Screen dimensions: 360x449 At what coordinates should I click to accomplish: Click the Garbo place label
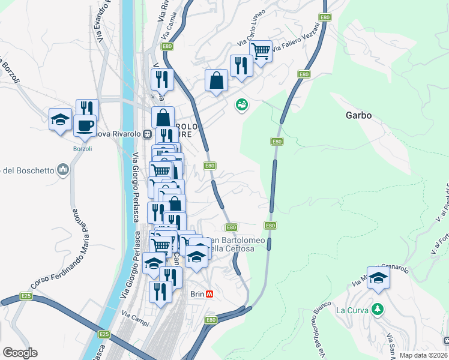click(359, 115)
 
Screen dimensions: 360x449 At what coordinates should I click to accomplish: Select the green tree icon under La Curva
click(377, 310)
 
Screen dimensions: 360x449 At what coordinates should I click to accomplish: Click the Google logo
click(20, 353)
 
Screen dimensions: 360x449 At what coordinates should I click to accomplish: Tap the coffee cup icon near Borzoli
click(85, 125)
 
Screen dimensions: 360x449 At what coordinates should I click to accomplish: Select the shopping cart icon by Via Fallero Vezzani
click(261, 50)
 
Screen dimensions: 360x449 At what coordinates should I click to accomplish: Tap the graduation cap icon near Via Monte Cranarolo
click(378, 278)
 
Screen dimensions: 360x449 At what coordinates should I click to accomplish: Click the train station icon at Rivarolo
click(146, 134)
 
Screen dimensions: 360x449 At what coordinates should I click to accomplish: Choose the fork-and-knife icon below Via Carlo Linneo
click(241, 65)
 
